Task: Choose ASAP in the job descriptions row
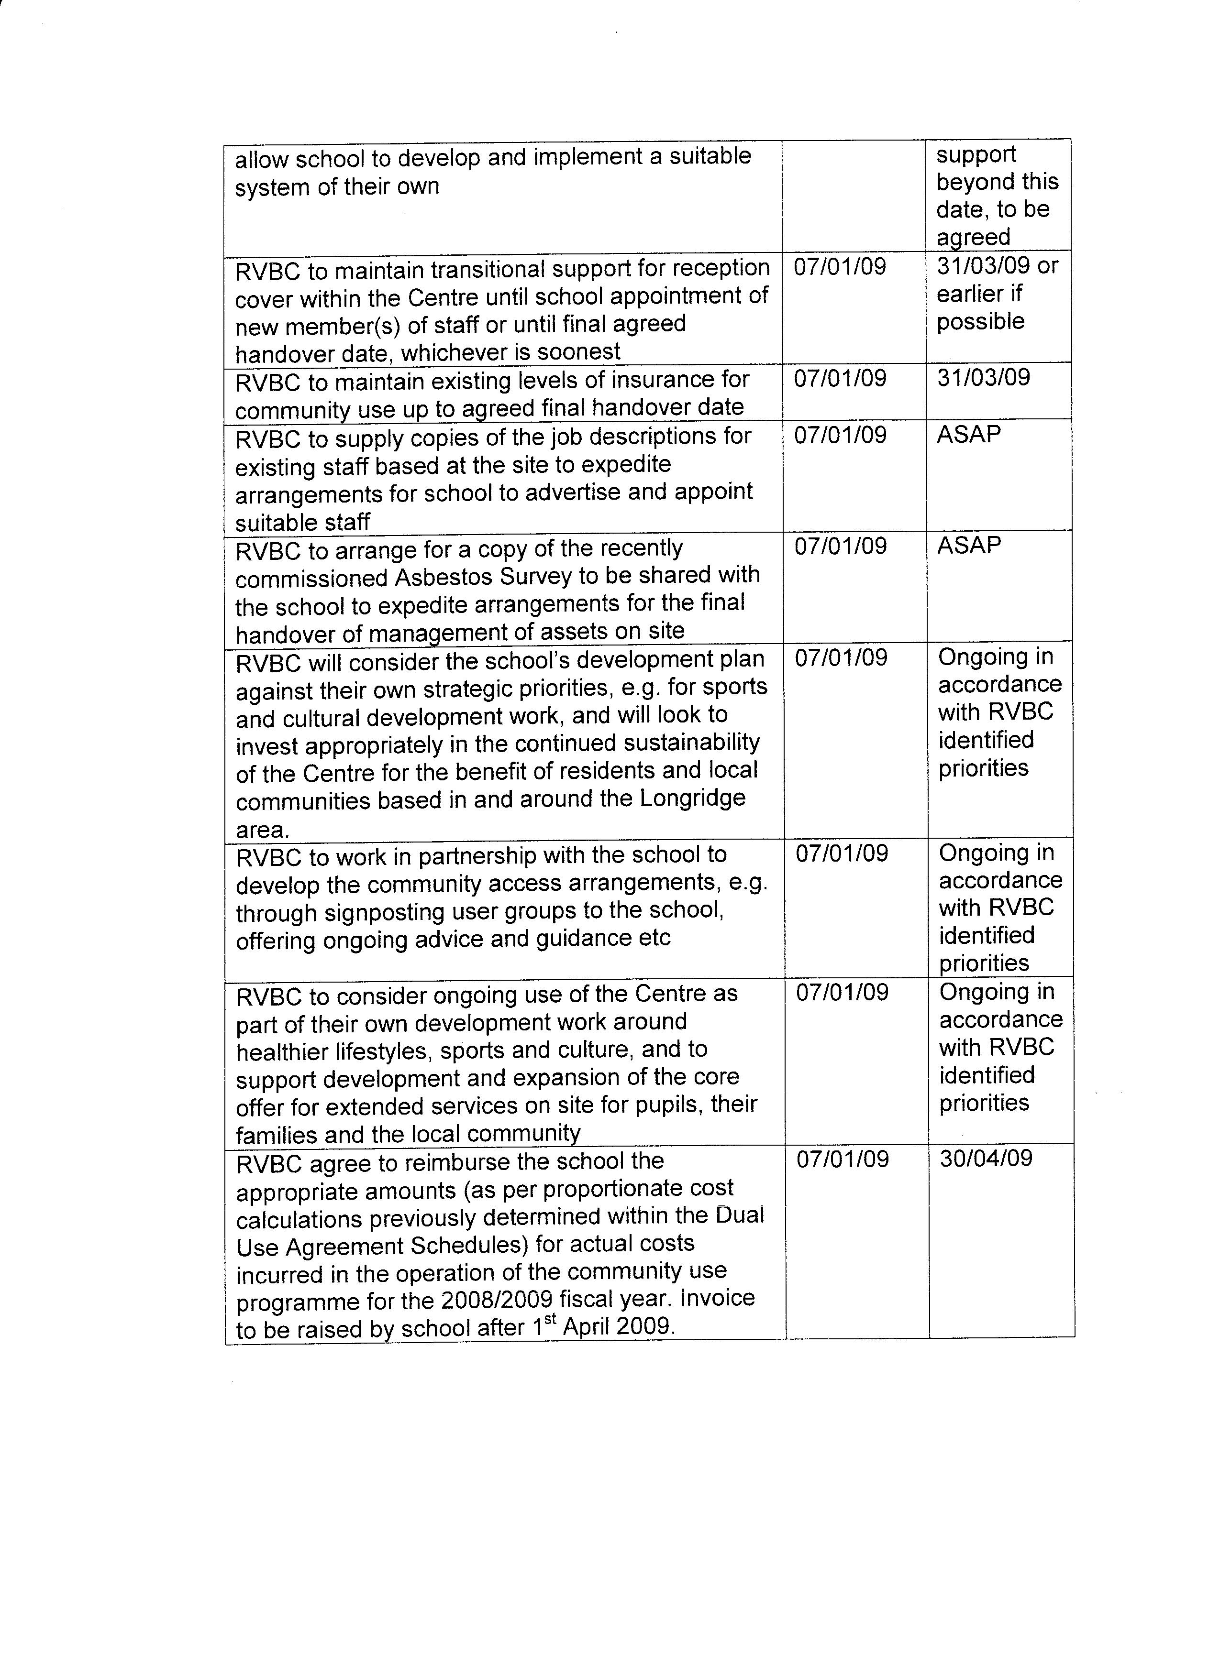click(x=968, y=434)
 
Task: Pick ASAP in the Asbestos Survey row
click(x=968, y=546)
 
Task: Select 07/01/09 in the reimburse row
click(x=842, y=1159)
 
